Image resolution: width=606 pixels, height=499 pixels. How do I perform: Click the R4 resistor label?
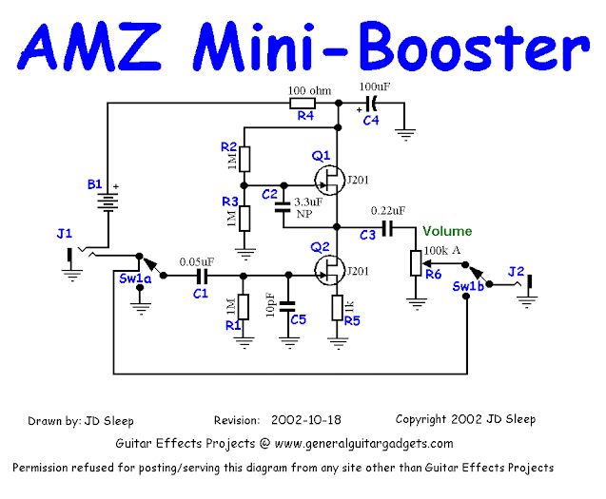tap(305, 117)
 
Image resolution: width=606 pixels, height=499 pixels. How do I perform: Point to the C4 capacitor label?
tap(370, 120)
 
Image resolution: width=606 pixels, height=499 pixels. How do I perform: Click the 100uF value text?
tap(375, 86)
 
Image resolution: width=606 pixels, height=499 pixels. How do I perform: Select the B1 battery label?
tap(94, 183)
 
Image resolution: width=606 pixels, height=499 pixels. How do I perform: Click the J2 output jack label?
tap(516, 271)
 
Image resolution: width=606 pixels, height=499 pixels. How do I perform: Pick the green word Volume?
tap(447, 231)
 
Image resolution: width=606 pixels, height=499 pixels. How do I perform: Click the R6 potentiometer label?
tap(434, 274)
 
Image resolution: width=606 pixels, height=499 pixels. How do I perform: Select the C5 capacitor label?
tap(298, 319)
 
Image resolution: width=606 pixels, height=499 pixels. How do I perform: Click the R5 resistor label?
tap(352, 320)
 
